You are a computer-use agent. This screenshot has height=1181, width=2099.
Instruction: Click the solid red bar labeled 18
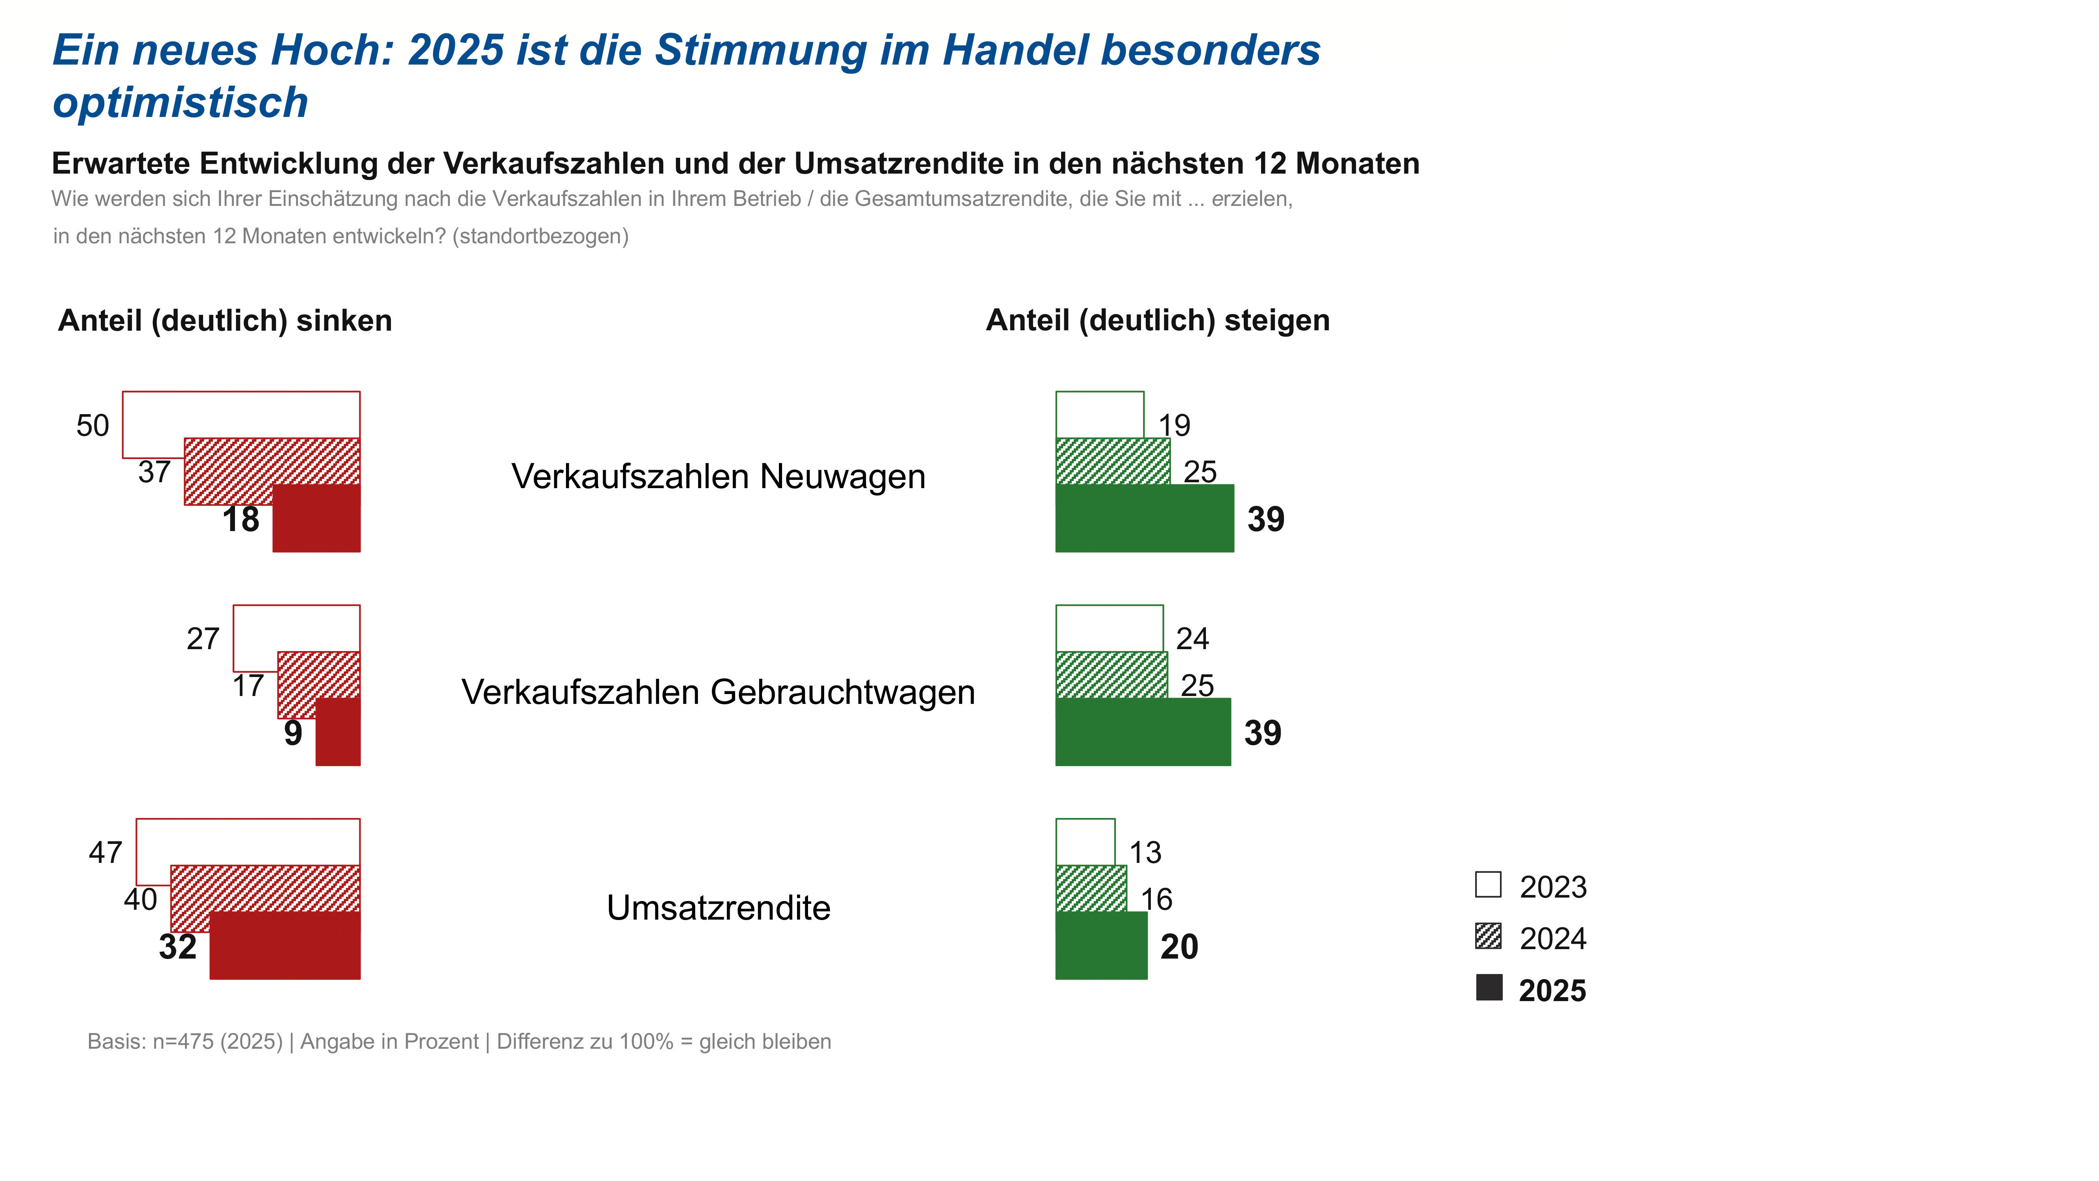click(x=316, y=518)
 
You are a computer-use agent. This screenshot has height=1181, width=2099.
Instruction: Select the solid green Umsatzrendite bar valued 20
click(x=1101, y=946)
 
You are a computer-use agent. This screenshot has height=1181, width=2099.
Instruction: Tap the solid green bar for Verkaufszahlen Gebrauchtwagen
click(x=1143, y=732)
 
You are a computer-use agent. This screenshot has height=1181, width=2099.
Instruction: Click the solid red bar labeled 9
click(x=337, y=732)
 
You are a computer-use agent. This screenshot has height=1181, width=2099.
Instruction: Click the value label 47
click(x=105, y=853)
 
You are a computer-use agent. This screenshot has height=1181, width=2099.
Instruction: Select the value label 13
click(x=1145, y=853)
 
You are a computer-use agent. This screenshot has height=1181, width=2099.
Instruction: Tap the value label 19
click(x=1174, y=426)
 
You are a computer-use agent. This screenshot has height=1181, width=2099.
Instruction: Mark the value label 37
click(x=154, y=472)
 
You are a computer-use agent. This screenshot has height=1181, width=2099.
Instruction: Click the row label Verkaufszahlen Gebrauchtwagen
click(x=718, y=692)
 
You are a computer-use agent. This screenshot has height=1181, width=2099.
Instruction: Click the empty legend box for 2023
click(x=1488, y=885)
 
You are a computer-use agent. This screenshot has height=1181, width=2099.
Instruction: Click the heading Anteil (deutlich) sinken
click(x=225, y=320)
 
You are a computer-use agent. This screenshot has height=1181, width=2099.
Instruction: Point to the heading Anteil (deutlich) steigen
click(x=1157, y=320)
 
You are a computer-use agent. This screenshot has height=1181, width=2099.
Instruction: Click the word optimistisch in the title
click(x=180, y=103)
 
